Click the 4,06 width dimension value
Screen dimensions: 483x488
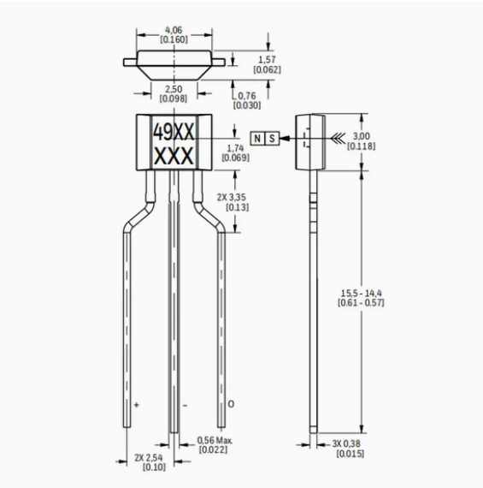click(x=174, y=30)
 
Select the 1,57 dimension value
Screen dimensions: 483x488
click(x=267, y=59)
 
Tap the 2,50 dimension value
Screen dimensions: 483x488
click(x=174, y=89)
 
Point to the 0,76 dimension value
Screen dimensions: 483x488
click(x=247, y=96)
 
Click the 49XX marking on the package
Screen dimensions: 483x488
click(x=174, y=132)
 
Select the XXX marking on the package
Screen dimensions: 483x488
click(x=174, y=156)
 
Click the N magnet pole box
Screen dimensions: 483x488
click(x=257, y=138)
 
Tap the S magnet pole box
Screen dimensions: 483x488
click(x=272, y=138)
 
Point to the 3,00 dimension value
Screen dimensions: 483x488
click(x=361, y=136)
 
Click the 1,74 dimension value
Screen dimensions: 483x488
click(x=235, y=148)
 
